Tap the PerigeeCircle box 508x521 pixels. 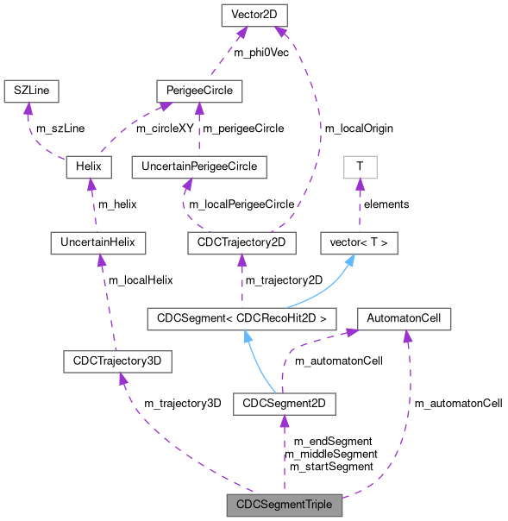tap(199, 90)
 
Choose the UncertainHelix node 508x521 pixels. tap(97, 244)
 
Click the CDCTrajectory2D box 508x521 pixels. tap(241, 244)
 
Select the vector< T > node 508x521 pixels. tap(360, 244)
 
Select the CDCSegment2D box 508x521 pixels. tap(284, 403)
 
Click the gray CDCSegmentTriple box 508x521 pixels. tap(284, 505)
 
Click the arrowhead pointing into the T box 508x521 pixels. tap(360, 185)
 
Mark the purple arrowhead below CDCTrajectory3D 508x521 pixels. tap(122, 380)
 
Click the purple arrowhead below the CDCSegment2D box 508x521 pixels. tap(284, 421)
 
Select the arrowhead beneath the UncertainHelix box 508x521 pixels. tap(99, 261)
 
